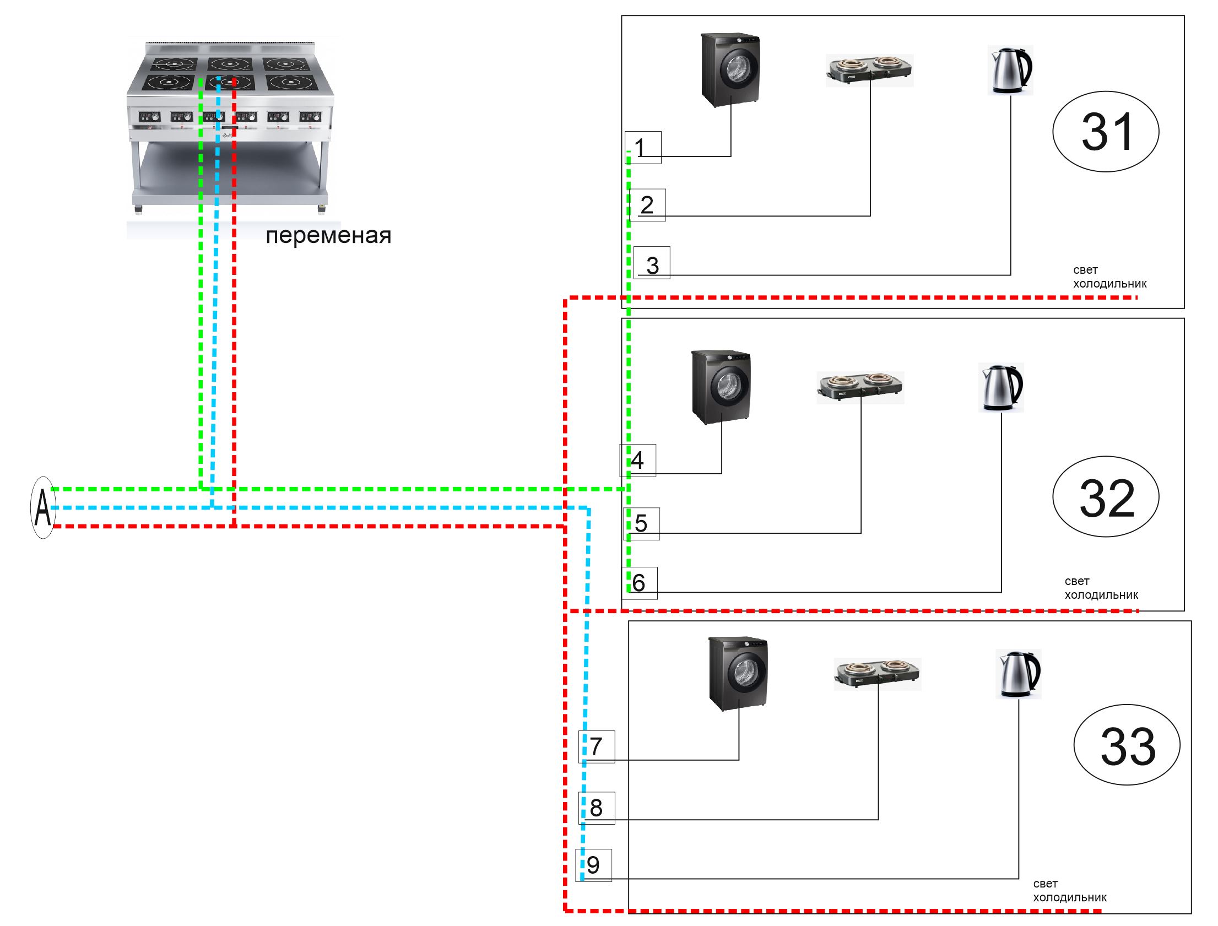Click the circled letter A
(43, 508)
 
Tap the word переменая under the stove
(328, 236)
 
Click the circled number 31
(1106, 132)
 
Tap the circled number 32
(1106, 497)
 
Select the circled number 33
(1127, 745)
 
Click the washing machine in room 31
(730, 70)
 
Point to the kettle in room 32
(1001, 387)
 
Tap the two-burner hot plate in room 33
(878, 674)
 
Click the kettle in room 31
(1010, 70)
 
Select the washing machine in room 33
(738, 674)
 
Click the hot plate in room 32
(860, 387)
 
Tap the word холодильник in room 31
(1109, 284)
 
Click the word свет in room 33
(1045, 884)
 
